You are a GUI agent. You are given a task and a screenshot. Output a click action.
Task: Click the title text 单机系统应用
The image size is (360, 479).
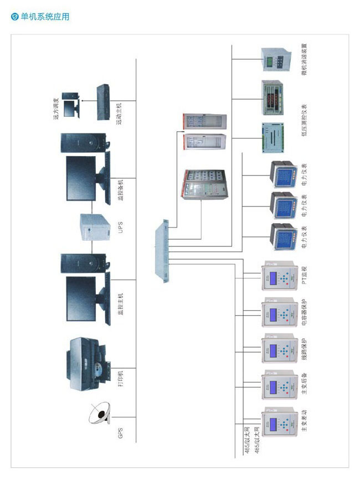tap(45, 17)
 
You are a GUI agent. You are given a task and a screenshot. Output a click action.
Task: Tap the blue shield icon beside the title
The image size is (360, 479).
tap(15, 17)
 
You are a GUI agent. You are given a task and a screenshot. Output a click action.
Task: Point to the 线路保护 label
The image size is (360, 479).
tap(304, 350)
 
